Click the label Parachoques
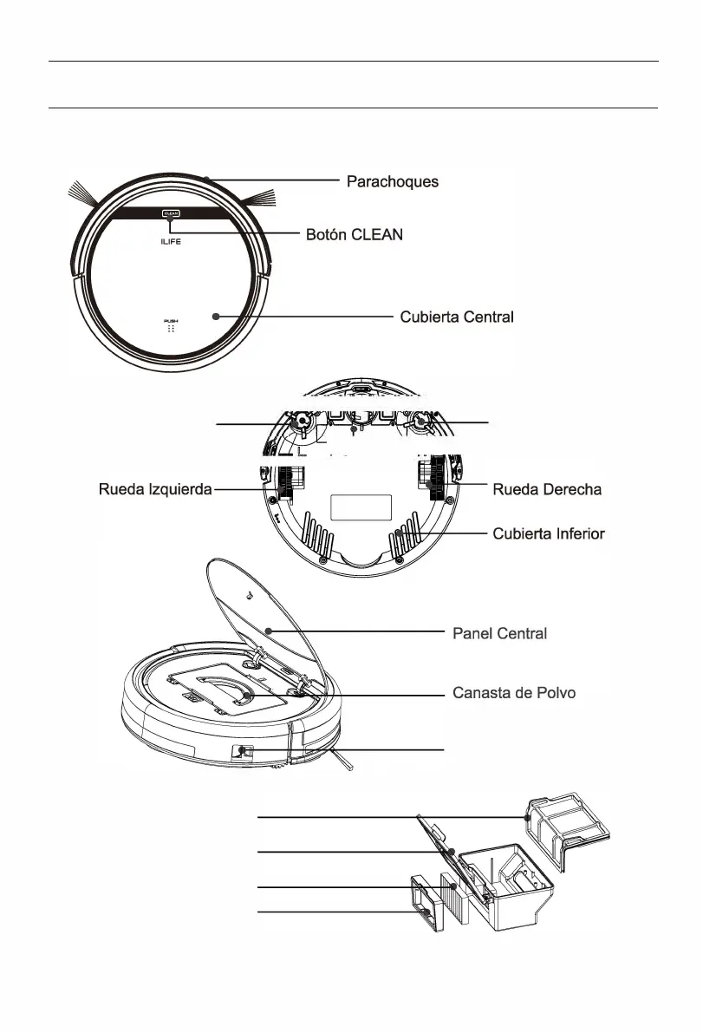tap(392, 182)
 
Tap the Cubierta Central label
tap(456, 317)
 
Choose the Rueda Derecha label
tap(546, 490)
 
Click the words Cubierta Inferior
tap(548, 533)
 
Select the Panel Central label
tap(500, 633)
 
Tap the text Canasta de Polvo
tap(514, 693)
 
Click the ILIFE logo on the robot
tap(169, 245)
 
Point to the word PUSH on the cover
tap(170, 321)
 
